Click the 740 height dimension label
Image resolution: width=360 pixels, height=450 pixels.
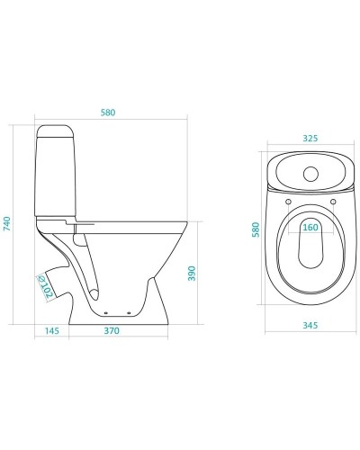click(6, 223)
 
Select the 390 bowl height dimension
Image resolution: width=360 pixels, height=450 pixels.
click(192, 274)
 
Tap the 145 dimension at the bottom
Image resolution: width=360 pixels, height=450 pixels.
click(52, 330)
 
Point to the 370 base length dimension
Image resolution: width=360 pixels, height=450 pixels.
click(112, 330)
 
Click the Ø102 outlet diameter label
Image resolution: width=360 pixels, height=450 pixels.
click(45, 287)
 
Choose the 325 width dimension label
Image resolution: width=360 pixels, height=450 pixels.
click(310, 139)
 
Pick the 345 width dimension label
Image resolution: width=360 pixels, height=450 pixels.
click(310, 325)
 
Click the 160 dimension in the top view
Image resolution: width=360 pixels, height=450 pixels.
click(310, 227)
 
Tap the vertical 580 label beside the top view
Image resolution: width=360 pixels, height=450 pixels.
click(256, 229)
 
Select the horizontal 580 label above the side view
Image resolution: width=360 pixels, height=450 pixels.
click(108, 112)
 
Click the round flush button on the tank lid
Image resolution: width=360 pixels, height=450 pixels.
click(310, 174)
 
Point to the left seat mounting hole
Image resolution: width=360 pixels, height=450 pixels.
click(288, 202)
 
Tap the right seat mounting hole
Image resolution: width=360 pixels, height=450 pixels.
click(333, 202)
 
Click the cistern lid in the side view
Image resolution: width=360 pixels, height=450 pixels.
click(55, 131)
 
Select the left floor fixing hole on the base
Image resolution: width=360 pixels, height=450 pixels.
click(106, 313)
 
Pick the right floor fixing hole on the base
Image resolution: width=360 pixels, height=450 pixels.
click(130, 313)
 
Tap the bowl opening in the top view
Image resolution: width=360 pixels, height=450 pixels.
click(310, 243)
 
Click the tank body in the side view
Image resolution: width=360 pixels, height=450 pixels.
click(56, 176)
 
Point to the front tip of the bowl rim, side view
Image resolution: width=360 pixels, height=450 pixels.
click(187, 222)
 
